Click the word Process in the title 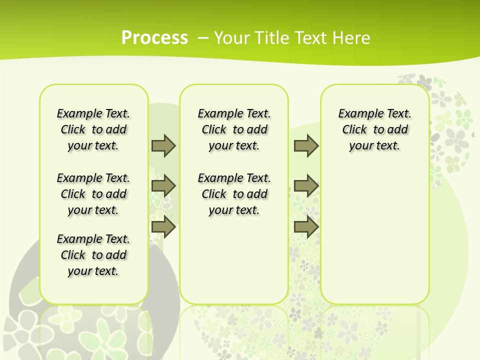point(154,37)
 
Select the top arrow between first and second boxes point(163,145)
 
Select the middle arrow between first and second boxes point(163,186)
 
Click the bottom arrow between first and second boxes point(163,226)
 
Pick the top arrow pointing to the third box point(306,145)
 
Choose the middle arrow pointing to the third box point(306,186)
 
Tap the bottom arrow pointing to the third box point(306,226)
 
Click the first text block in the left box point(93,129)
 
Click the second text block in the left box point(93,194)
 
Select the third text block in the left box point(93,255)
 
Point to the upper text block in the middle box point(234,129)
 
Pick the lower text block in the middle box point(234,194)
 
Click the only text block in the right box point(375,129)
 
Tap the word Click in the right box point(354,130)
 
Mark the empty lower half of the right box point(375,235)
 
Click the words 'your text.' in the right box point(374,146)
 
